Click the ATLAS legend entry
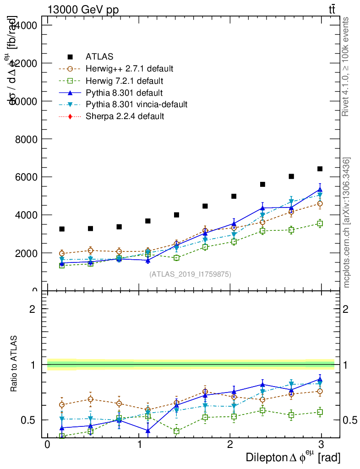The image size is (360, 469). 99,57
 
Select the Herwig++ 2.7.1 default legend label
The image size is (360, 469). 129,69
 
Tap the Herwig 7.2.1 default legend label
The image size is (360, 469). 124,81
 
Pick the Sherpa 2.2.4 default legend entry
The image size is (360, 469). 125,116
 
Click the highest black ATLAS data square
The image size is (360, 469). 320,169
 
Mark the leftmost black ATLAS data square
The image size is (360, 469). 62,229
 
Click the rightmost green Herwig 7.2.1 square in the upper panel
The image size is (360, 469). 320,224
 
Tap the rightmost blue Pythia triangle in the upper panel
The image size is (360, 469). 320,189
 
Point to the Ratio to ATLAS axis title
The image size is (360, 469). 14,365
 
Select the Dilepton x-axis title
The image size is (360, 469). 293,457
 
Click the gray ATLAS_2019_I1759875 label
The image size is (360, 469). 190,274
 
